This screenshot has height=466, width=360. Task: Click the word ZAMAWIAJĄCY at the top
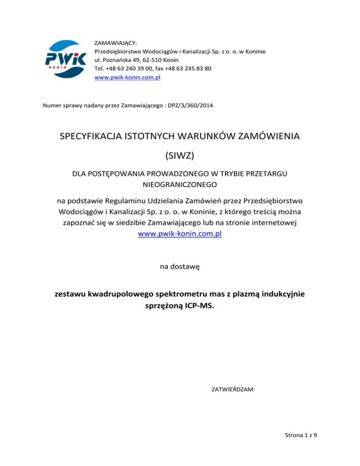pyautogui.click(x=115, y=43)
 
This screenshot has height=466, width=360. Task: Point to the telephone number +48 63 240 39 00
pyautogui.click(x=131, y=68)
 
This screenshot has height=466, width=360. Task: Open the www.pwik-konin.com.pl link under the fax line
pyautogui.click(x=127, y=77)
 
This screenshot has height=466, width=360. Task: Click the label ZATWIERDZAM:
pyautogui.click(x=230, y=389)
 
